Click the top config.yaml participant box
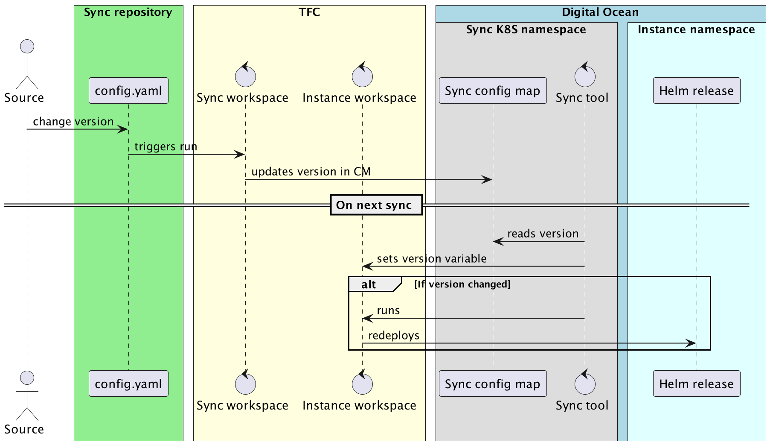click(128, 91)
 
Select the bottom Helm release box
click(696, 384)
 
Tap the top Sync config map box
click(492, 91)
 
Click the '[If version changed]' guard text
click(462, 284)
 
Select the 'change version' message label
click(73, 122)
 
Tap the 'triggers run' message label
click(166, 147)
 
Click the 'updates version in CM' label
click(311, 172)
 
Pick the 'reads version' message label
click(543, 234)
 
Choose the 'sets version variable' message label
click(431, 259)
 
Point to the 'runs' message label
click(388, 310)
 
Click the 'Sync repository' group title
click(128, 12)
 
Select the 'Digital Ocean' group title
click(600, 12)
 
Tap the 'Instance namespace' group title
click(696, 29)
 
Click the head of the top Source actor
click(27, 46)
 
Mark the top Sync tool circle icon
click(584, 77)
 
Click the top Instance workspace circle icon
click(362, 77)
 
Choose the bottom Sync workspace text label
click(242, 405)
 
